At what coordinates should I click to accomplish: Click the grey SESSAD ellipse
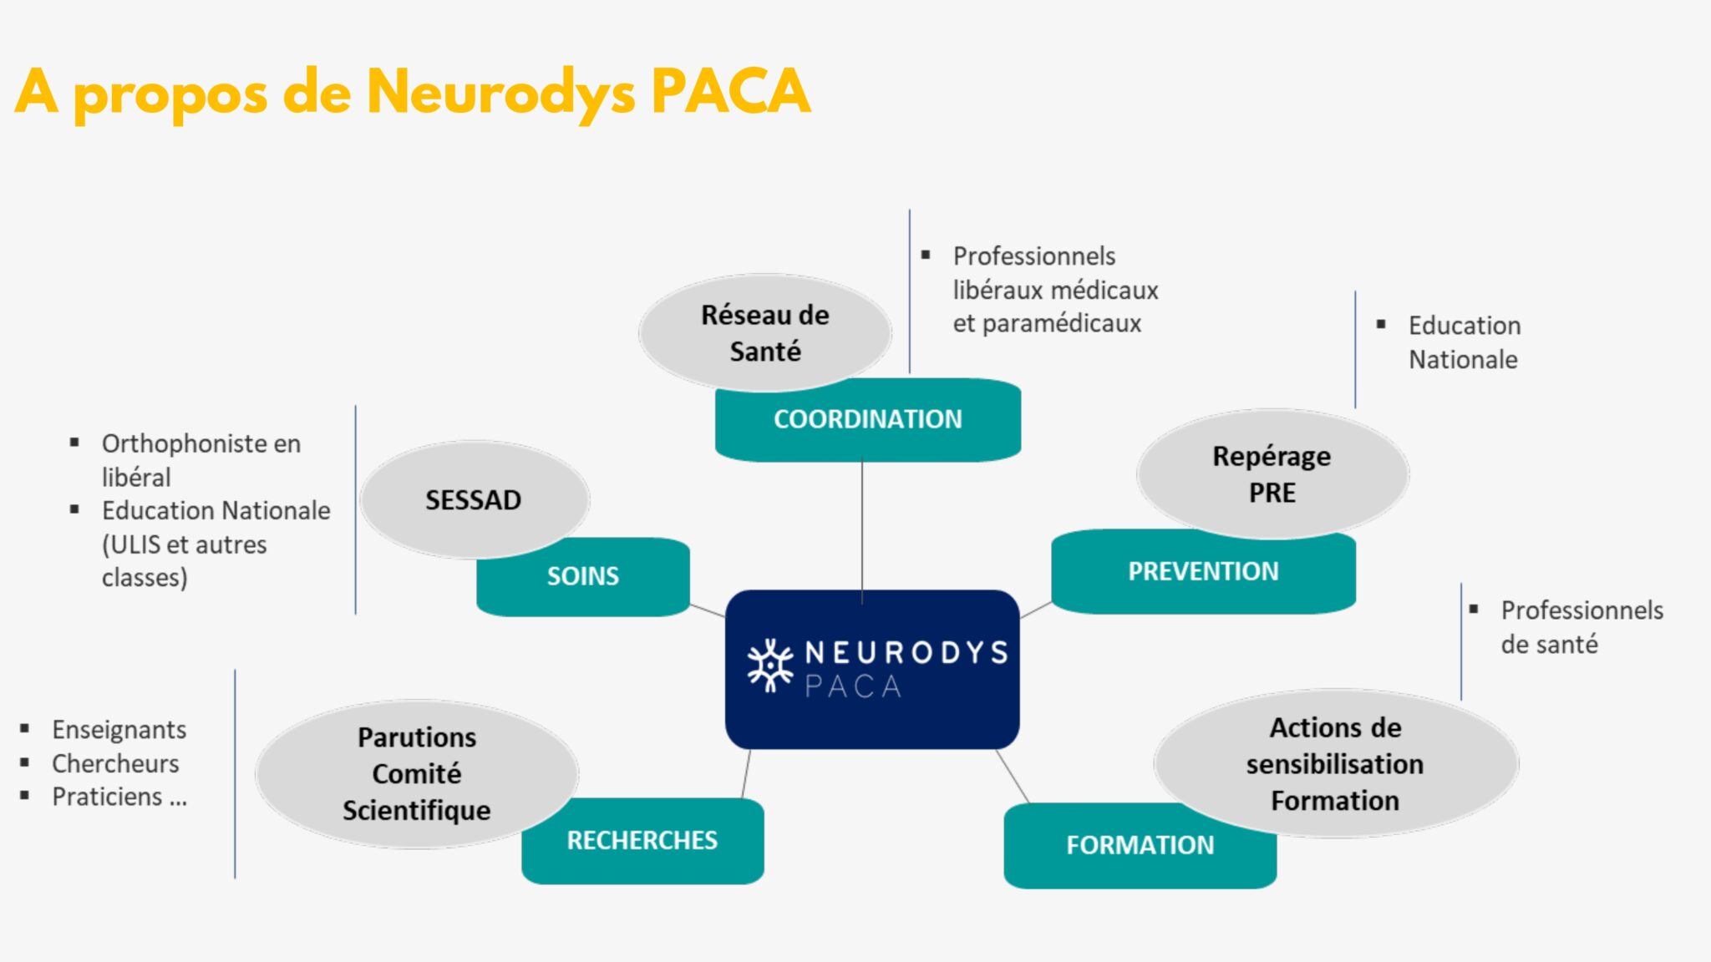(x=474, y=499)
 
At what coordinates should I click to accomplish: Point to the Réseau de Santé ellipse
(x=764, y=332)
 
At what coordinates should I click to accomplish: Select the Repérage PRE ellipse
(x=1272, y=473)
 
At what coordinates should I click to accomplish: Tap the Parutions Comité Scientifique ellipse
(x=416, y=773)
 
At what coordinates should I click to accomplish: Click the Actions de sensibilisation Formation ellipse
(x=1335, y=763)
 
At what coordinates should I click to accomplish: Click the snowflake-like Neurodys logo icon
(x=769, y=666)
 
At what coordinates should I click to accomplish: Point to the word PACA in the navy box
(x=853, y=686)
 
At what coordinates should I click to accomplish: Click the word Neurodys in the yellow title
(x=501, y=92)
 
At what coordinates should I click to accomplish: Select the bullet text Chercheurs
(x=115, y=763)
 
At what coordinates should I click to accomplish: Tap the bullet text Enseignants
(x=119, y=730)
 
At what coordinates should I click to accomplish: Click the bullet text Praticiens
(x=107, y=797)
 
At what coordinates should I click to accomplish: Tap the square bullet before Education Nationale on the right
(x=1381, y=324)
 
